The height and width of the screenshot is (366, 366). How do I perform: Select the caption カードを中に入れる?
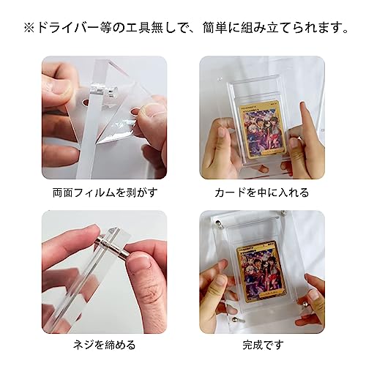pos(261,193)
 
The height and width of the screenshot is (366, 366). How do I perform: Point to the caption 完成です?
pos(261,344)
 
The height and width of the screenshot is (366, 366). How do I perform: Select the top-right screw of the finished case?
pos(302,220)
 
